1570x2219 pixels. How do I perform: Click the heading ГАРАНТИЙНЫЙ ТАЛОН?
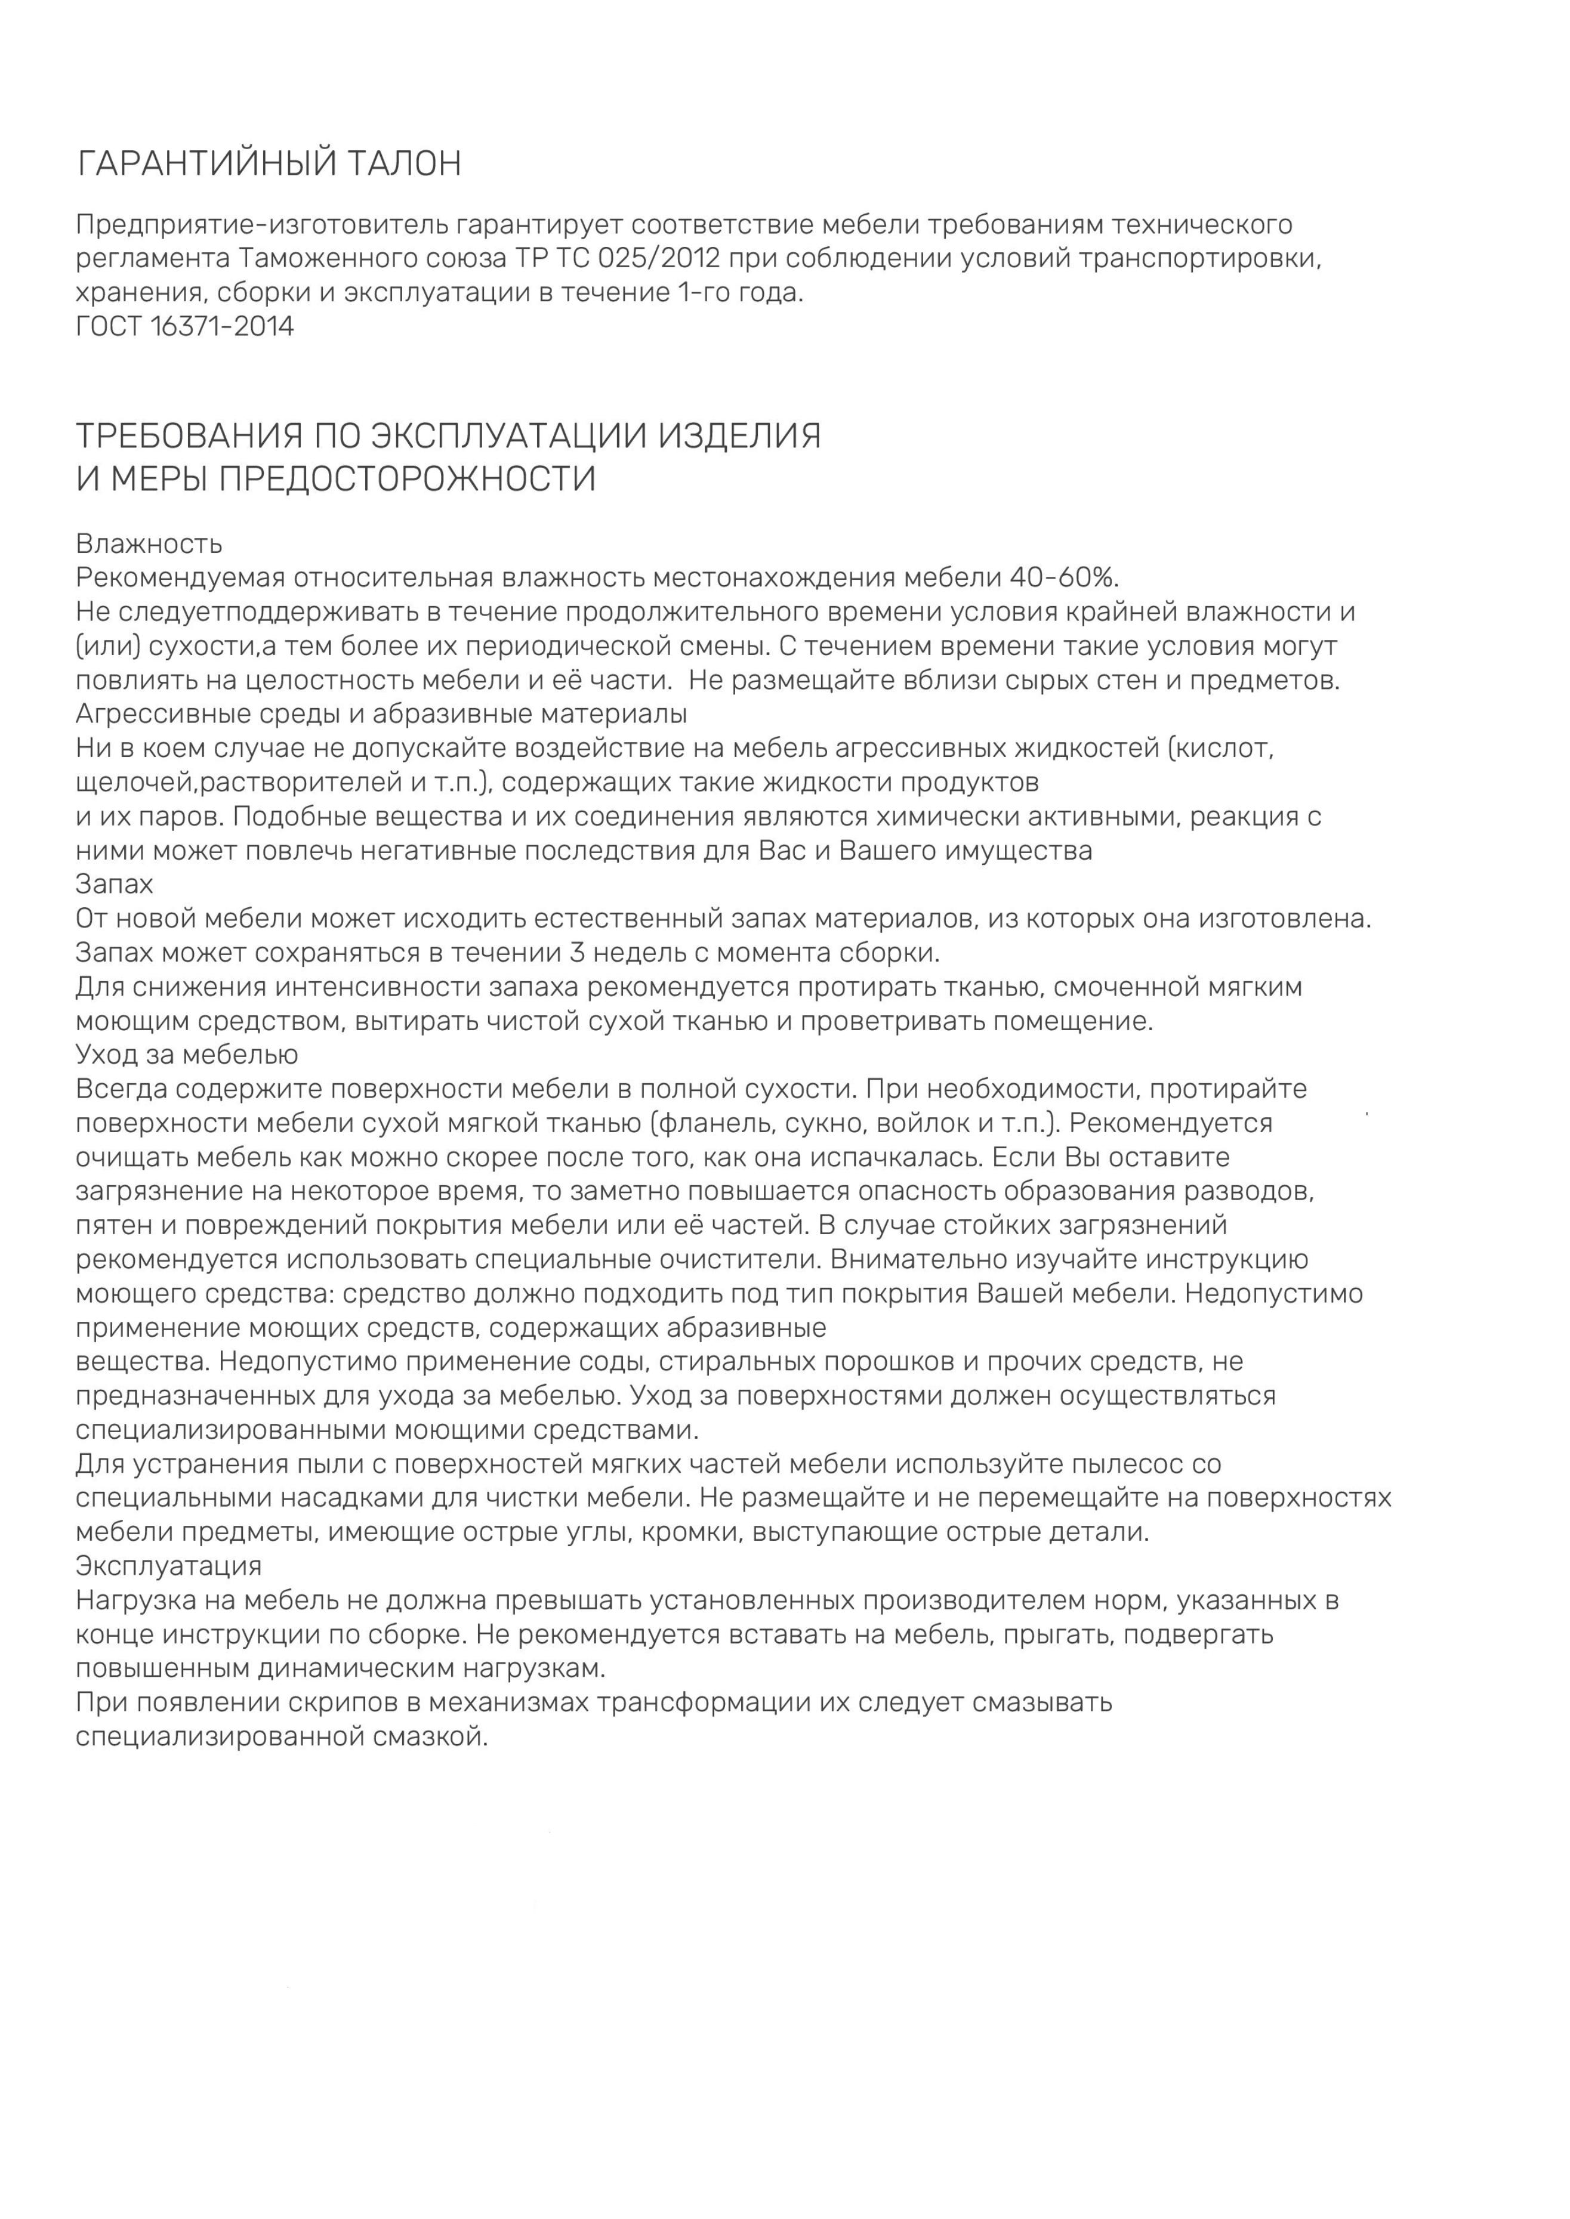tap(269, 164)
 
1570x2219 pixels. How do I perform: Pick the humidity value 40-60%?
tap(1063, 578)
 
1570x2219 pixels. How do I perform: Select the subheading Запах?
tap(114, 884)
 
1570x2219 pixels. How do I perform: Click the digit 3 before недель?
tap(577, 953)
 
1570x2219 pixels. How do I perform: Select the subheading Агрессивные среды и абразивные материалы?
tap(382, 714)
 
